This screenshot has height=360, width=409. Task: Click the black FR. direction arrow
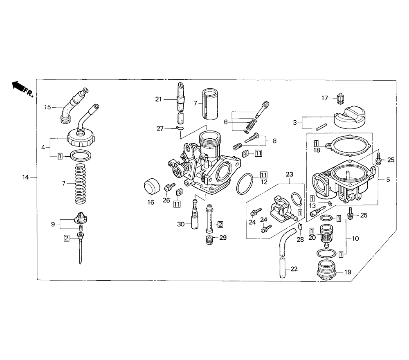click(18, 86)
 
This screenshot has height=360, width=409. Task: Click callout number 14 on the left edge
click(25, 178)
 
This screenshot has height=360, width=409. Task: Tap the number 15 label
click(47, 107)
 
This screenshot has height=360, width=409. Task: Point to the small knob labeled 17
click(340, 99)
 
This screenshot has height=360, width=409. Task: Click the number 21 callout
click(159, 99)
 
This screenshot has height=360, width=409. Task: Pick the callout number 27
click(160, 128)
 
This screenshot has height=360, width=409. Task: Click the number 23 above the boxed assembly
click(290, 174)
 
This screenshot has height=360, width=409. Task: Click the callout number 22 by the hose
click(294, 269)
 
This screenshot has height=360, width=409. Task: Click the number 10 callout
click(355, 239)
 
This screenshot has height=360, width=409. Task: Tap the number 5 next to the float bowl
click(388, 180)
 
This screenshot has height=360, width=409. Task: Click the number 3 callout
click(295, 122)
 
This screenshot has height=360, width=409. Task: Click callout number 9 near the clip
click(53, 224)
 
